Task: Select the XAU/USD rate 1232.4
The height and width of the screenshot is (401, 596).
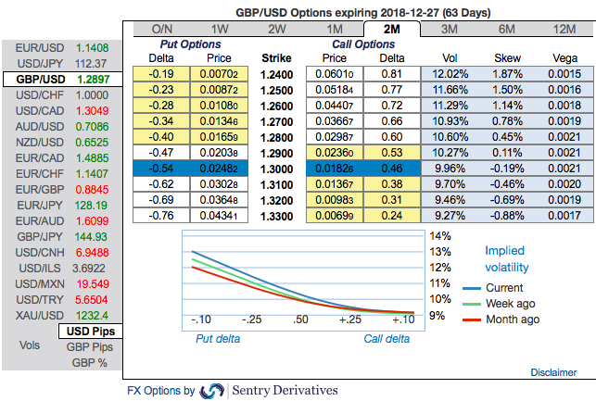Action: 92,315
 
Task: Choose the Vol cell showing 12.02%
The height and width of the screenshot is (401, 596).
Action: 450,73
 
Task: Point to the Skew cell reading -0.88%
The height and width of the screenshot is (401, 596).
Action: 507,215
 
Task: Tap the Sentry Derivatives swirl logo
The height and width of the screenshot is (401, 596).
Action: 212,391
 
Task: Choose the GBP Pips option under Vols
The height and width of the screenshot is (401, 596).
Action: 89,346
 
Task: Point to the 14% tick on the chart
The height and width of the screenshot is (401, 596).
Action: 441,235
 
